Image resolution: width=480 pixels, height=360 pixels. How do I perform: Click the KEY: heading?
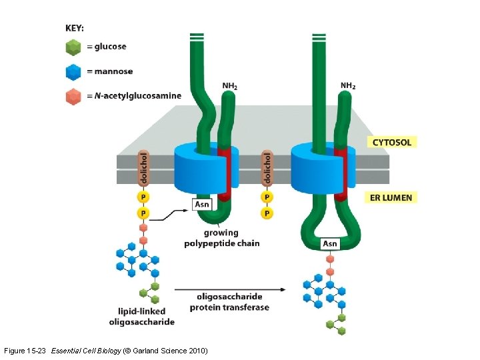pyautogui.click(x=75, y=28)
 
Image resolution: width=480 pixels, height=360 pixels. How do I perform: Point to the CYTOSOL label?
pyautogui.click(x=391, y=142)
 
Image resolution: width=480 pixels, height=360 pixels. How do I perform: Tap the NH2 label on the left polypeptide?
pyautogui.click(x=230, y=86)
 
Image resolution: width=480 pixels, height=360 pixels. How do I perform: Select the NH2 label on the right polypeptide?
pyautogui.click(x=348, y=85)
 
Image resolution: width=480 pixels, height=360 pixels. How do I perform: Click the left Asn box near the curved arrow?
pyautogui.click(x=202, y=203)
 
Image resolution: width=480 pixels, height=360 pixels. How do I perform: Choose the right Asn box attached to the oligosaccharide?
pyautogui.click(x=330, y=244)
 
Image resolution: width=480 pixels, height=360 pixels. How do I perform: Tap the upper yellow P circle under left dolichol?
pyautogui.click(x=143, y=197)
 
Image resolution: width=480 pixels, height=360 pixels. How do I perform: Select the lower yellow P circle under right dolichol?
pyautogui.click(x=267, y=213)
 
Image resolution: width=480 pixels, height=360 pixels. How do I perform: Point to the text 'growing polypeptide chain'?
pyautogui.click(x=221, y=238)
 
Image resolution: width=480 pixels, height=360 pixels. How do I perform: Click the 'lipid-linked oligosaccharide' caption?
pyautogui.click(x=141, y=317)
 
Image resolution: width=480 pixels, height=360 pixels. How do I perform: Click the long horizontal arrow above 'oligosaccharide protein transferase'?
pyautogui.click(x=230, y=289)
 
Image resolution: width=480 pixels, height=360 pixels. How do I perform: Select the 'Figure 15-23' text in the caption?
pyautogui.click(x=26, y=351)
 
